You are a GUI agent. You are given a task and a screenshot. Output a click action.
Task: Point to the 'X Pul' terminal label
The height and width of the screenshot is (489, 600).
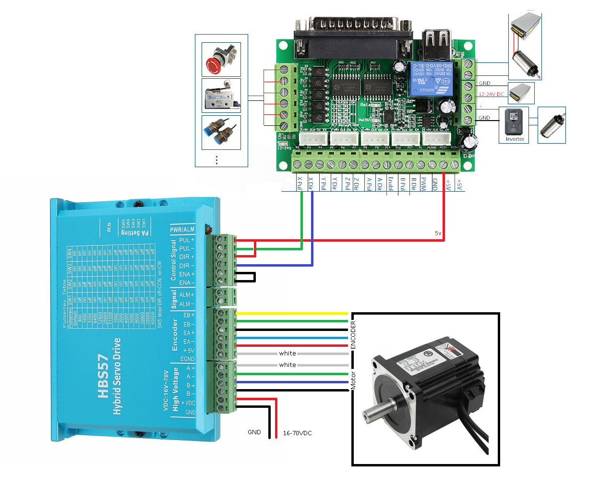click(300, 183)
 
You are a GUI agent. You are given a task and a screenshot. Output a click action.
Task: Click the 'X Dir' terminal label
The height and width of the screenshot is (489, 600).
click(311, 183)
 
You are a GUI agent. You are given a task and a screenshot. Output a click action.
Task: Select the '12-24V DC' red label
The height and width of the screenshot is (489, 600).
click(491, 94)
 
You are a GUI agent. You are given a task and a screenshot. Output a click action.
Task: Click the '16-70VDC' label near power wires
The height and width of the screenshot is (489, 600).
click(297, 433)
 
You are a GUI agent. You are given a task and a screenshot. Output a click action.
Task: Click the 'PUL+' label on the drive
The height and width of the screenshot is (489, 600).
click(187, 240)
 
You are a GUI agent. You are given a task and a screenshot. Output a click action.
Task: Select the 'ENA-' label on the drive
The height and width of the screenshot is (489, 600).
click(187, 283)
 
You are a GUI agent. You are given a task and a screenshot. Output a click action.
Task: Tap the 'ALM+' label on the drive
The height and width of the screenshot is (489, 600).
click(187, 295)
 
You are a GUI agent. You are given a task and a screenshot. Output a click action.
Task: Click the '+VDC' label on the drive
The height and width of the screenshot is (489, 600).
click(188, 403)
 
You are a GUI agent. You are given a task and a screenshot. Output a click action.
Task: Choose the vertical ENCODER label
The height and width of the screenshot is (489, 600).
click(353, 335)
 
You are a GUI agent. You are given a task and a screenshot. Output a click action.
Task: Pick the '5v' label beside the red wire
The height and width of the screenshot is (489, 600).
click(438, 233)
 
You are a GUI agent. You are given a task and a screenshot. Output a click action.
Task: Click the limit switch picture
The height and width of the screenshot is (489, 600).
click(221, 96)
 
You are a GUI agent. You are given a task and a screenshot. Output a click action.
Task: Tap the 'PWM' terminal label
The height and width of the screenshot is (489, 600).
click(423, 183)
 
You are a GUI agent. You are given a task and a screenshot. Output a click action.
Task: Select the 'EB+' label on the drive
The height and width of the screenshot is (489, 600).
click(189, 316)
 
